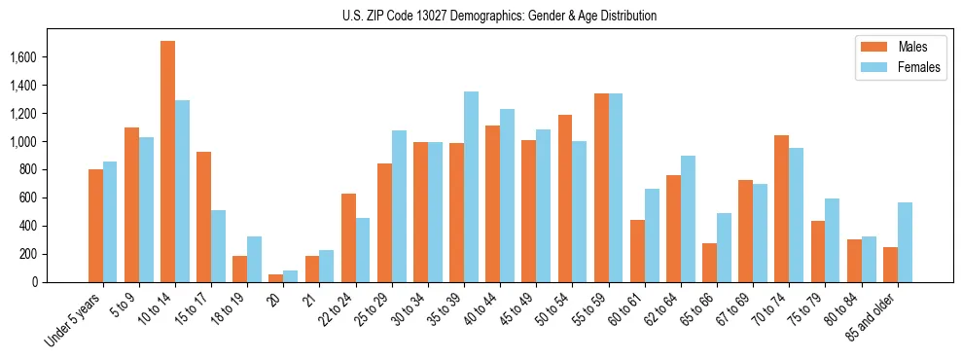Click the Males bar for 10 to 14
point(167,162)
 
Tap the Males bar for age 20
point(276,278)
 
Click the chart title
point(499,16)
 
